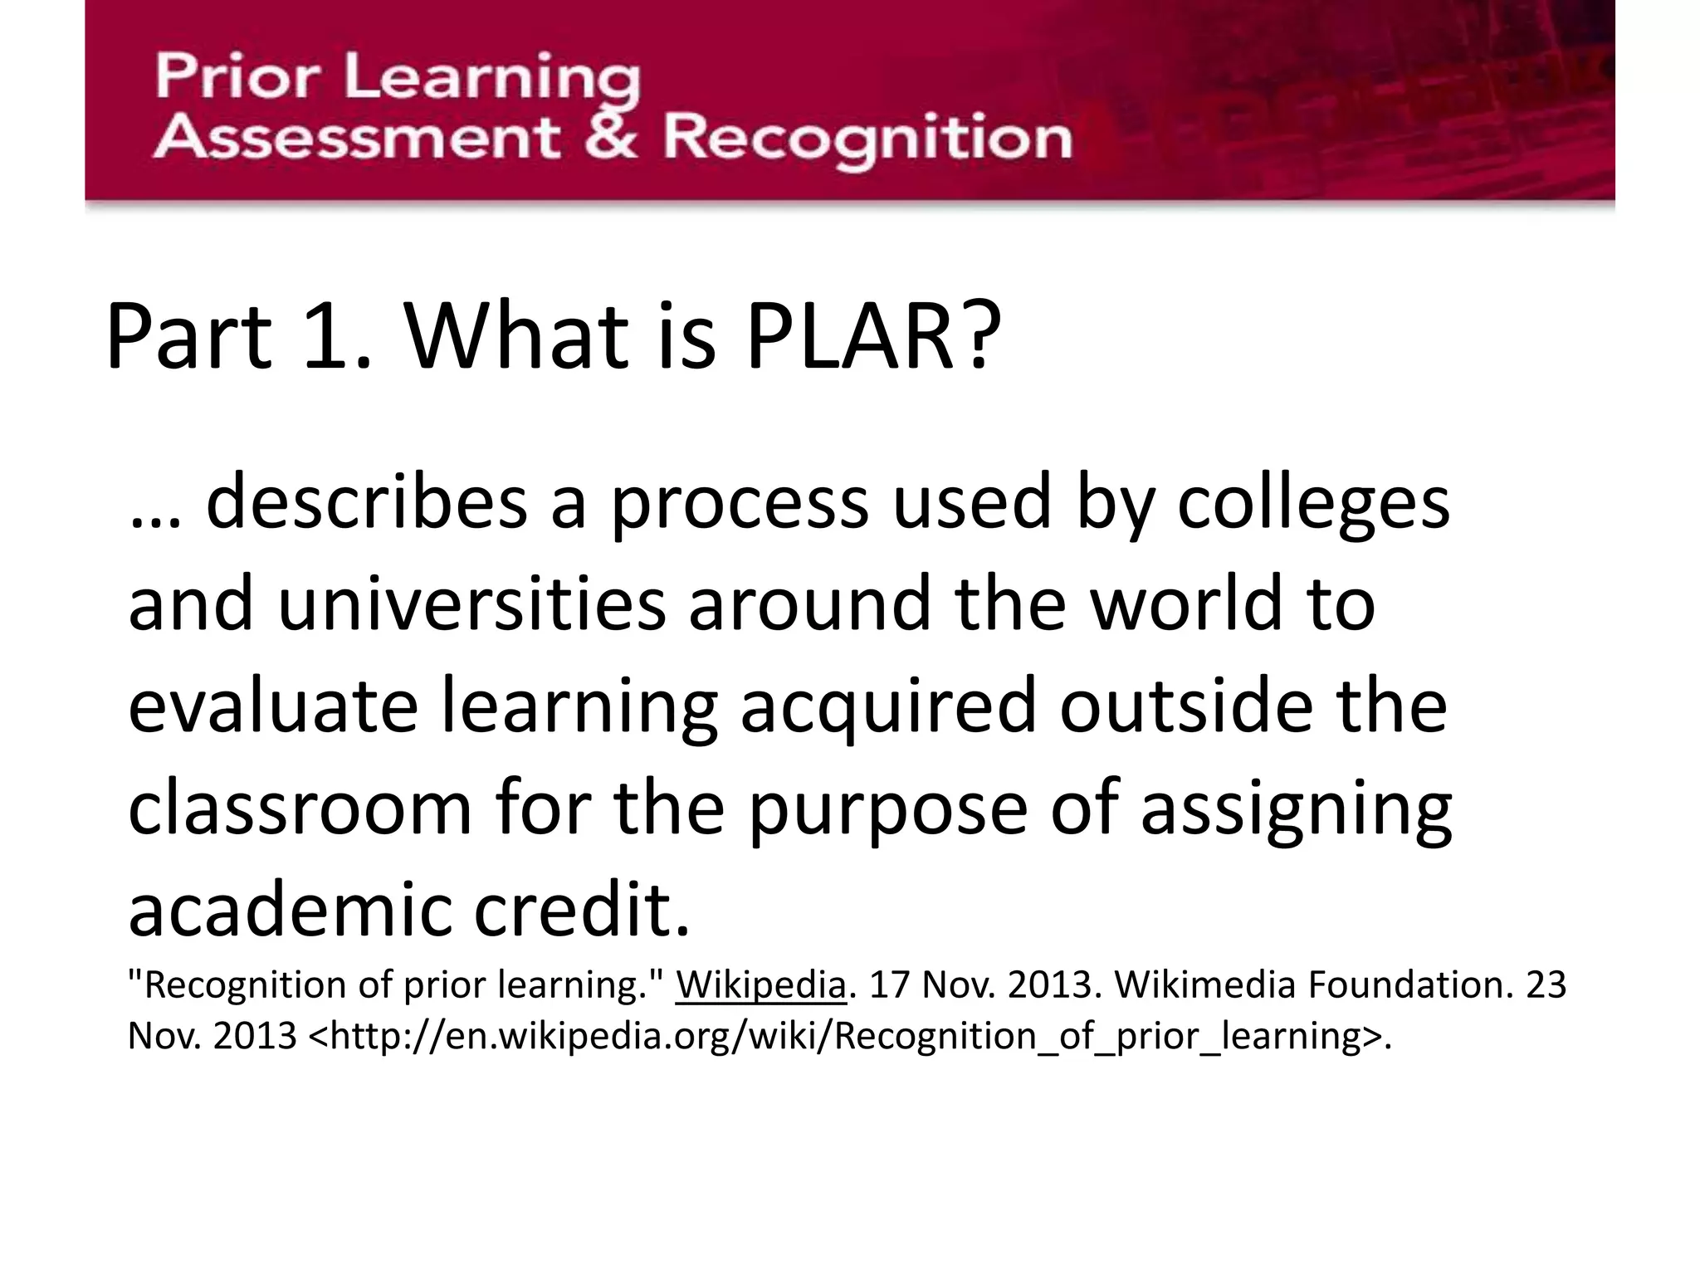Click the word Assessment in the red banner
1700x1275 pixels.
click(x=355, y=138)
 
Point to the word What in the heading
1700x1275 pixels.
click(x=516, y=337)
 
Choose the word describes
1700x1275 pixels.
click(x=366, y=503)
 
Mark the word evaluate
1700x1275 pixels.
click(x=273, y=706)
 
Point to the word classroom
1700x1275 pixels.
click(x=300, y=808)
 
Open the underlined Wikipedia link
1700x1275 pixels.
click(x=760, y=985)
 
